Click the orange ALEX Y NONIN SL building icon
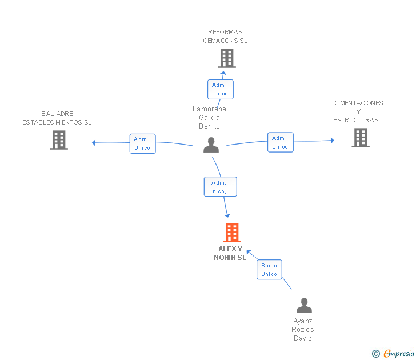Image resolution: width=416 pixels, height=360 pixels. (232, 233)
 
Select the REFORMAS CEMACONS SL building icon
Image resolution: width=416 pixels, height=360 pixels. (227, 58)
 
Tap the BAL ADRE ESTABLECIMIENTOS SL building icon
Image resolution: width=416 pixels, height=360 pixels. (59, 140)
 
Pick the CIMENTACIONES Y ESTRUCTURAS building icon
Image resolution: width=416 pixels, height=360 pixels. (361, 138)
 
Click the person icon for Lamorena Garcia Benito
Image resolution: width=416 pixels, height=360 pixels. (211, 145)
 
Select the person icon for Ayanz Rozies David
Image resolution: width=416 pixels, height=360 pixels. (305, 305)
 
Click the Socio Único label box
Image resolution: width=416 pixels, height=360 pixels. (269, 270)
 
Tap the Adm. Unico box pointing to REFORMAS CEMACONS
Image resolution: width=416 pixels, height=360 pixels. (221, 89)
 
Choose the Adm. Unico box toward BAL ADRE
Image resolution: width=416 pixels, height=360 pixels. (143, 143)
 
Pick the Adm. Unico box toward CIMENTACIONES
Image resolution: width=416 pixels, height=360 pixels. (281, 142)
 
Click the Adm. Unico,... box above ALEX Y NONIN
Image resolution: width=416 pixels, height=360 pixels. (221, 187)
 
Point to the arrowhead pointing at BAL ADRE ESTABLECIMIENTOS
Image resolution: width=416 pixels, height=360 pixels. (93, 143)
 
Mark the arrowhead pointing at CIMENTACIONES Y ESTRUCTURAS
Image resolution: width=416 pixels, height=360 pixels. (333, 141)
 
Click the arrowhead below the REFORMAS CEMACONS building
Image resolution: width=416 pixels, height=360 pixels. (223, 73)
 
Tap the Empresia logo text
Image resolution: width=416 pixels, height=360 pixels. (399, 353)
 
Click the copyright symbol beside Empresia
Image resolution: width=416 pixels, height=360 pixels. (376, 354)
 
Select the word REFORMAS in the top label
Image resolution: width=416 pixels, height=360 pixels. (225, 32)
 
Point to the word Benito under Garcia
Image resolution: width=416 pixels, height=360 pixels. (209, 126)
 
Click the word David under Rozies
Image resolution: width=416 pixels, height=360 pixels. (303, 338)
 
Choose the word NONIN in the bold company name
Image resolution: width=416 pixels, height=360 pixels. (225, 258)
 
